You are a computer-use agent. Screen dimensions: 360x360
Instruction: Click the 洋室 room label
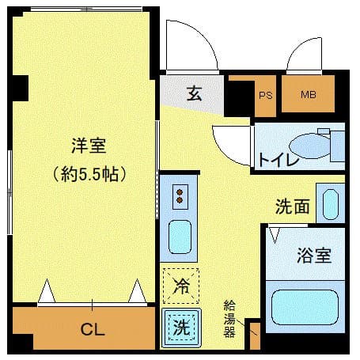(x=89, y=146)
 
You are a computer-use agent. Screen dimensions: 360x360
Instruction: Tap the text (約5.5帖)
(x=89, y=173)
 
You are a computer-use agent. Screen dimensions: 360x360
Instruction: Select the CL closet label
(x=93, y=330)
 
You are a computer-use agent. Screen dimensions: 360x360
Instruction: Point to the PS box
(x=265, y=96)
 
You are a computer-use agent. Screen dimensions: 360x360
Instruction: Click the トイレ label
(x=278, y=160)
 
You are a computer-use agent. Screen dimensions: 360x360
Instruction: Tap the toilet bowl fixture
(x=309, y=146)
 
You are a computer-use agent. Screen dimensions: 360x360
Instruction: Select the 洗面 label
(x=292, y=207)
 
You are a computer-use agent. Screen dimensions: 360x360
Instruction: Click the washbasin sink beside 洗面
(x=330, y=203)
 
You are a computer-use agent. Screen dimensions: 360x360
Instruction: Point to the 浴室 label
(x=313, y=256)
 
